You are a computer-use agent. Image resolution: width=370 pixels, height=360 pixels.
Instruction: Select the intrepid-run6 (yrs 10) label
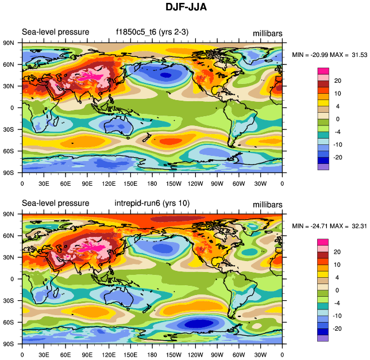click(150, 203)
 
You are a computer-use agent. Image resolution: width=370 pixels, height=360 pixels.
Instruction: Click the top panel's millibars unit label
click(267, 33)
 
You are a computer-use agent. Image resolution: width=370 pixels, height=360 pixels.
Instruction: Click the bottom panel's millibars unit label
click(267, 205)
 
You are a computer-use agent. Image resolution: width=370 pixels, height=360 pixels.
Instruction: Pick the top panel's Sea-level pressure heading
click(55, 32)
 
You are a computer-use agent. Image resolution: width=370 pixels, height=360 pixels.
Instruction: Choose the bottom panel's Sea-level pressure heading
click(55, 203)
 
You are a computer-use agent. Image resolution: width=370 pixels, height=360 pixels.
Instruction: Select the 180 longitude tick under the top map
click(152, 183)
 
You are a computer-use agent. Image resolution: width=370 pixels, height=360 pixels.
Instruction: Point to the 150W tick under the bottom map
click(174, 355)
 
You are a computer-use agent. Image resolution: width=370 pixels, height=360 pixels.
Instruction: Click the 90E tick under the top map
click(87, 183)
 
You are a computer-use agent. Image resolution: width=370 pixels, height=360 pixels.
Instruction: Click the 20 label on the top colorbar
click(338, 81)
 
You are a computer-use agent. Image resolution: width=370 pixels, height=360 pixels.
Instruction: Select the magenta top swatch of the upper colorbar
click(323, 70)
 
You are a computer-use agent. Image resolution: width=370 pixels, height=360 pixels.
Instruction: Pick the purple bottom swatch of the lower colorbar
click(323, 338)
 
